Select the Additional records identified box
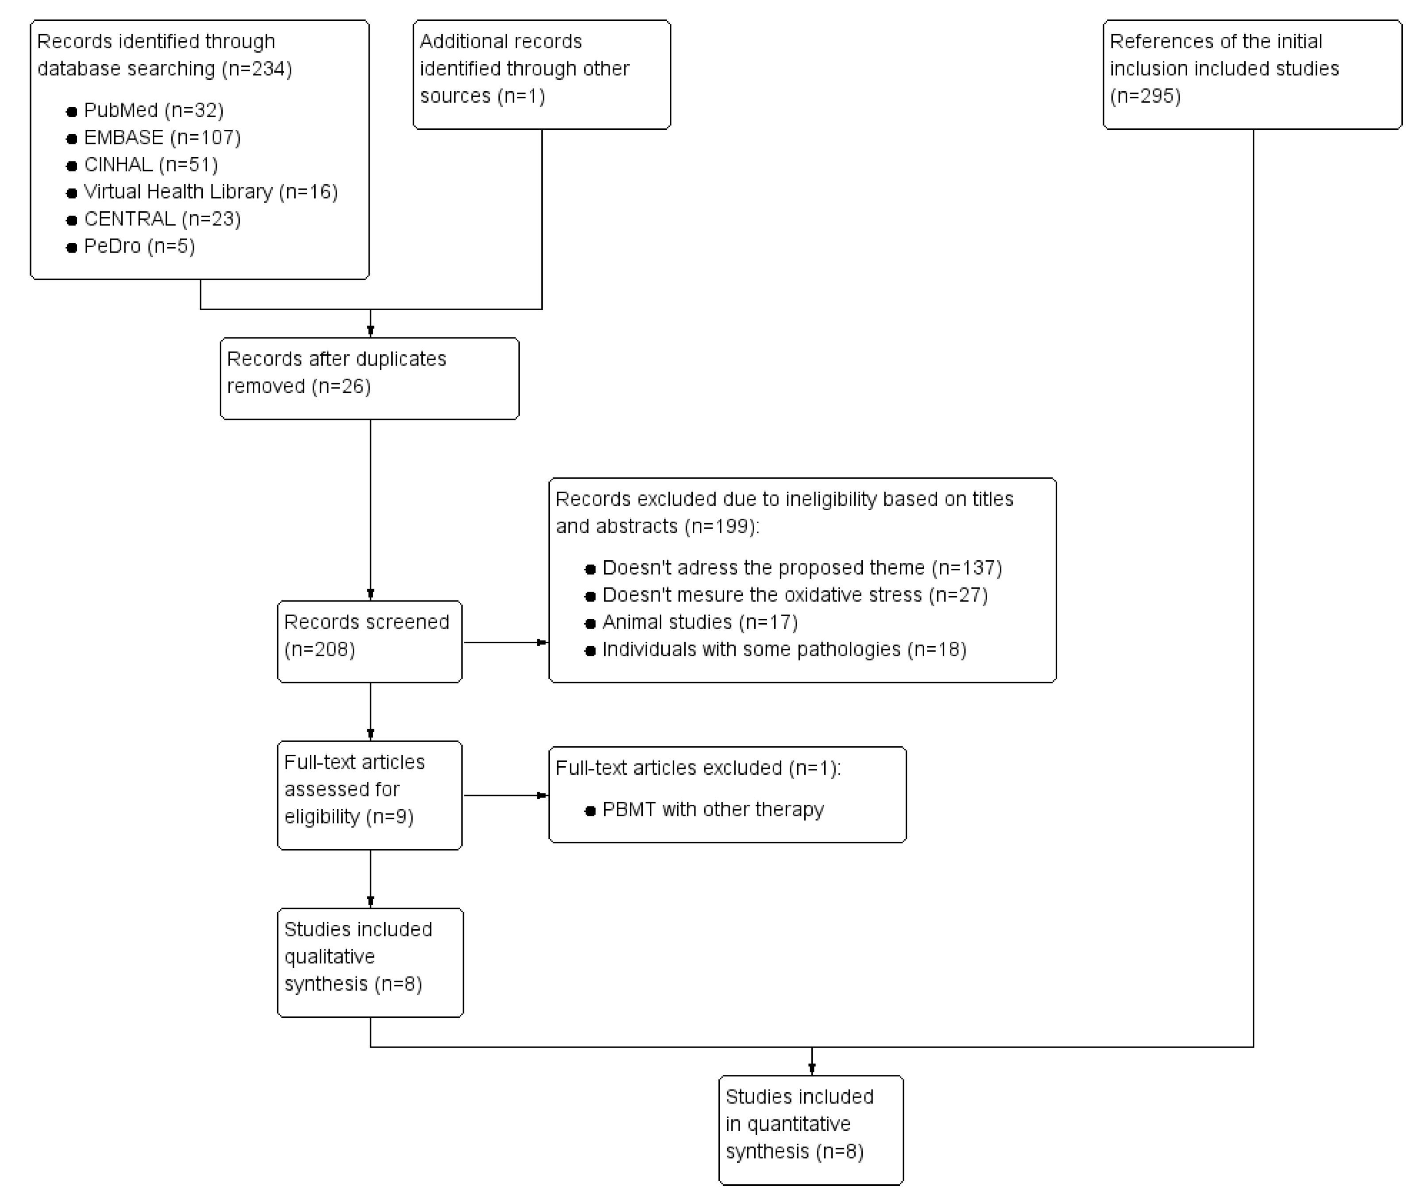(541, 74)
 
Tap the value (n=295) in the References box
(1145, 96)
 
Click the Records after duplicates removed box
(370, 379)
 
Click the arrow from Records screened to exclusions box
(506, 642)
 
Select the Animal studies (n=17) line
(699, 623)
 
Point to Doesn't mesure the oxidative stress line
(794, 595)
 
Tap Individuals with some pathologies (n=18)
(784, 650)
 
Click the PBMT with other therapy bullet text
(712, 810)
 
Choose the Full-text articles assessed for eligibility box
(370, 795)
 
